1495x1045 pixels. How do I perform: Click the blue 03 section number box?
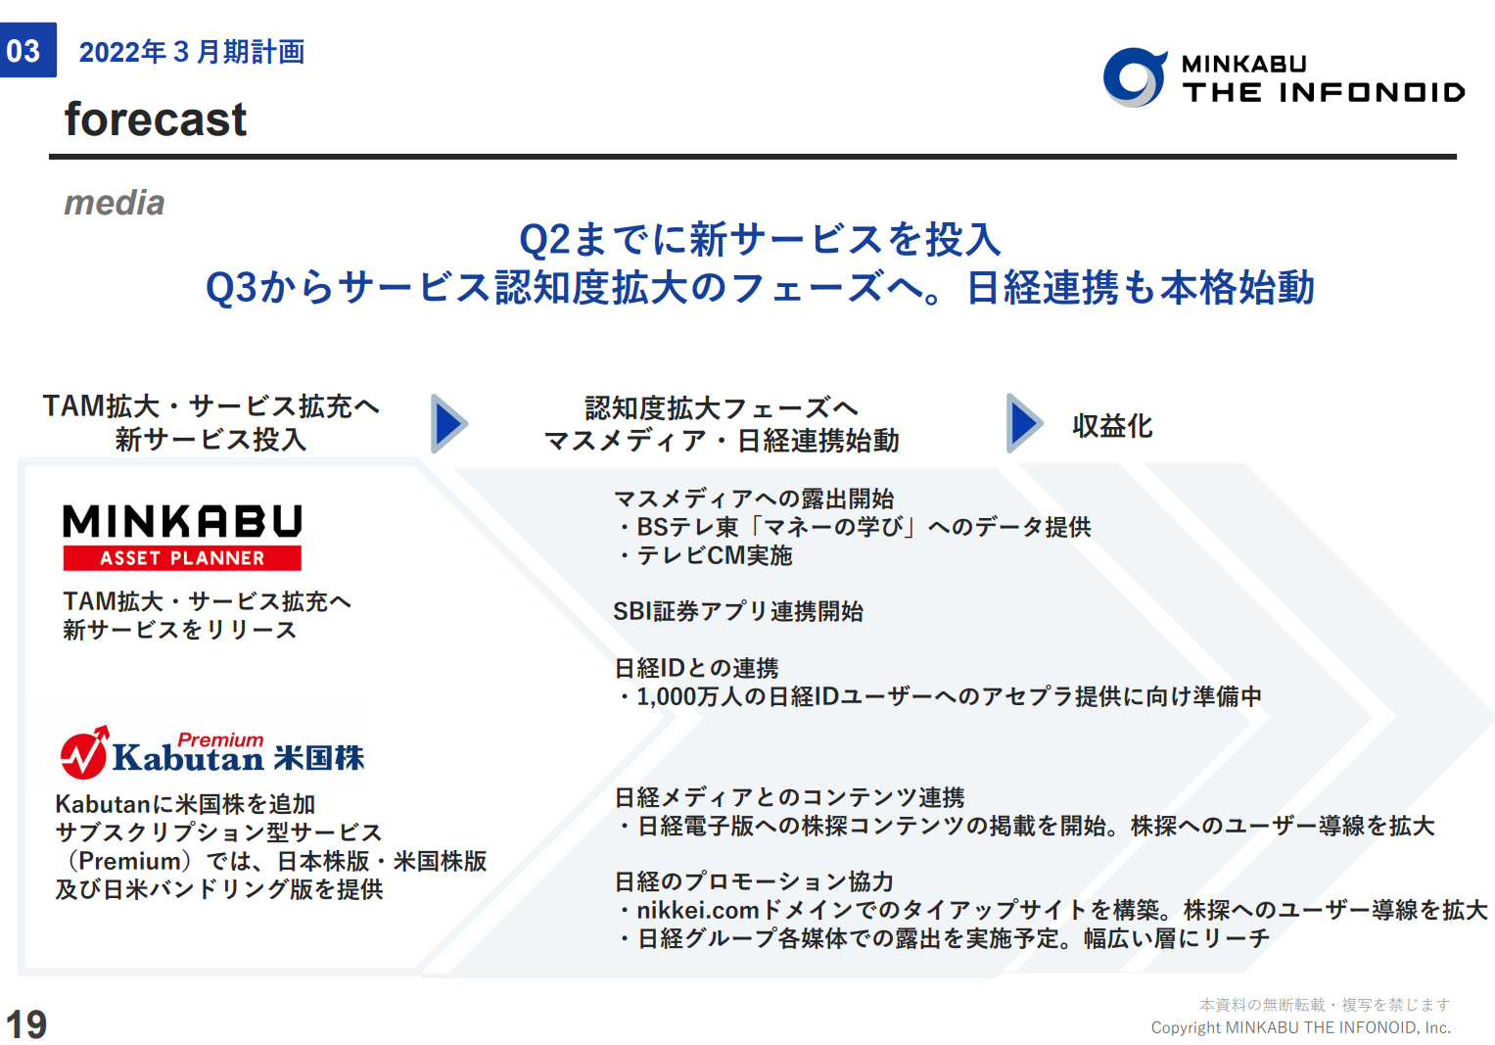28,50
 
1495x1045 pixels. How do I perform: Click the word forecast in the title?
156,119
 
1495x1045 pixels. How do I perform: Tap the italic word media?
115,203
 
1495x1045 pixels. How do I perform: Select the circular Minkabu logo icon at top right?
1135,76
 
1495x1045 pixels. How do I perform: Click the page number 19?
26,1023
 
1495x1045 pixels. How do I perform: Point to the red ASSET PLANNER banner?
182,557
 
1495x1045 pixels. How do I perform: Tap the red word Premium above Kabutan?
220,739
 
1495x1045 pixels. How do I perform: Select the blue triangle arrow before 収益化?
1024,423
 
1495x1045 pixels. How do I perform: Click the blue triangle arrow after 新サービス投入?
449,423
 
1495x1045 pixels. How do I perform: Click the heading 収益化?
1112,425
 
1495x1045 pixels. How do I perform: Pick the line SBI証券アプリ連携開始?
738,611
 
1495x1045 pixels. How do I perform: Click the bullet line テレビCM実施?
705,555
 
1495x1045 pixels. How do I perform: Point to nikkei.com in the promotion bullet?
698,910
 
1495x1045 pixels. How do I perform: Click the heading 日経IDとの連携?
696,668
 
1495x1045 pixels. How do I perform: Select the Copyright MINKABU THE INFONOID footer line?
1300,1027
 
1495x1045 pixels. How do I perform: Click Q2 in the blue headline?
544,240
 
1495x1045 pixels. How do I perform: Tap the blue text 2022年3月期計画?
192,51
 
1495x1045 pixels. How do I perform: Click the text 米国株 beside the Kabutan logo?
319,758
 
